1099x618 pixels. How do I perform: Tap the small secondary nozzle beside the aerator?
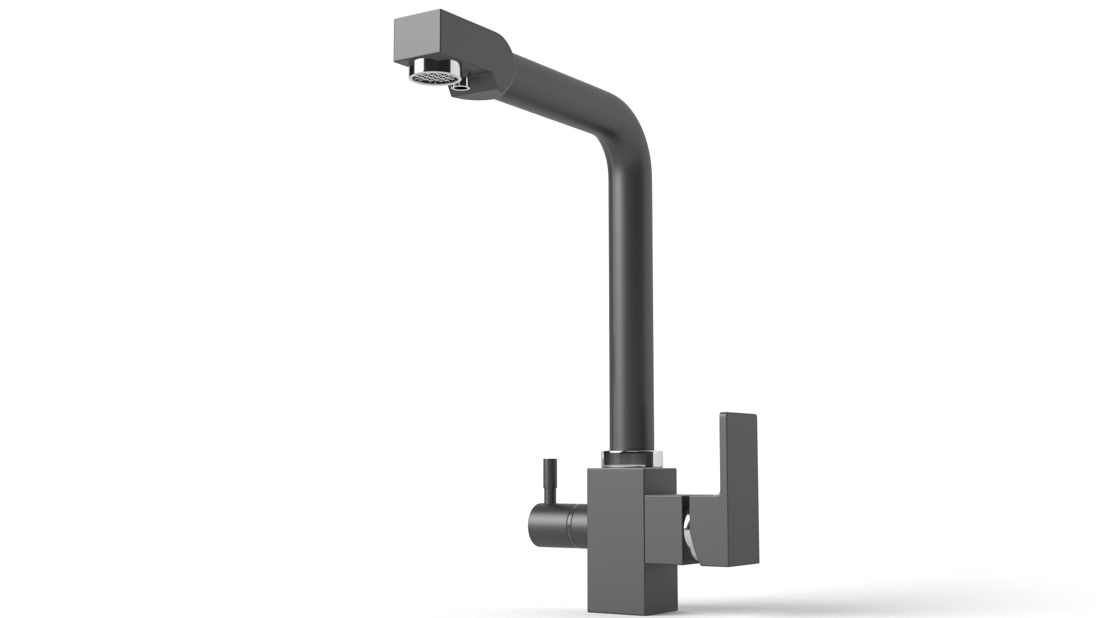click(460, 86)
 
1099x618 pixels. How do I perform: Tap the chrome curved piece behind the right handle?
click(690, 538)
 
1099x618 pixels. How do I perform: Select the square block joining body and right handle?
click(664, 529)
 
